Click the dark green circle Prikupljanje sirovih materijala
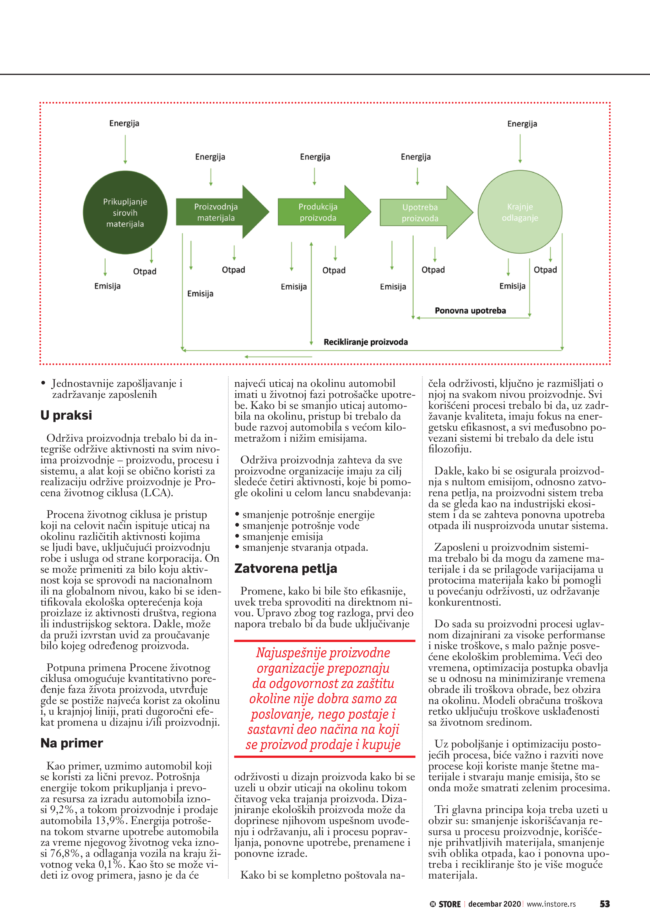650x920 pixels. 125,212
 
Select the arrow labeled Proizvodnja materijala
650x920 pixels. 216,212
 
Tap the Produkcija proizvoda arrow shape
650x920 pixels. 319,212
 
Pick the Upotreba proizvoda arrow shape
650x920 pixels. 420,213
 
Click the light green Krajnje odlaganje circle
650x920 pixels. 520,212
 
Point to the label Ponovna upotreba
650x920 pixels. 470,311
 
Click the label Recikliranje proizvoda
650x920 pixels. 366,342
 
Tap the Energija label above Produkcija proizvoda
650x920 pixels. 315,157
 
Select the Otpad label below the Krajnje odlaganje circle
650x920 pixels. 545,270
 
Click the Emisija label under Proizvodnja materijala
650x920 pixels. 200,294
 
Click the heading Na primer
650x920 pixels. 72,743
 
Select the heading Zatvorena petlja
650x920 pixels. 285,569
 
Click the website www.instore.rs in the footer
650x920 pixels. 551,904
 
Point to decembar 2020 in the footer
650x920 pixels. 495,904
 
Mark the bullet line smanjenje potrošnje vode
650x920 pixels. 301,526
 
